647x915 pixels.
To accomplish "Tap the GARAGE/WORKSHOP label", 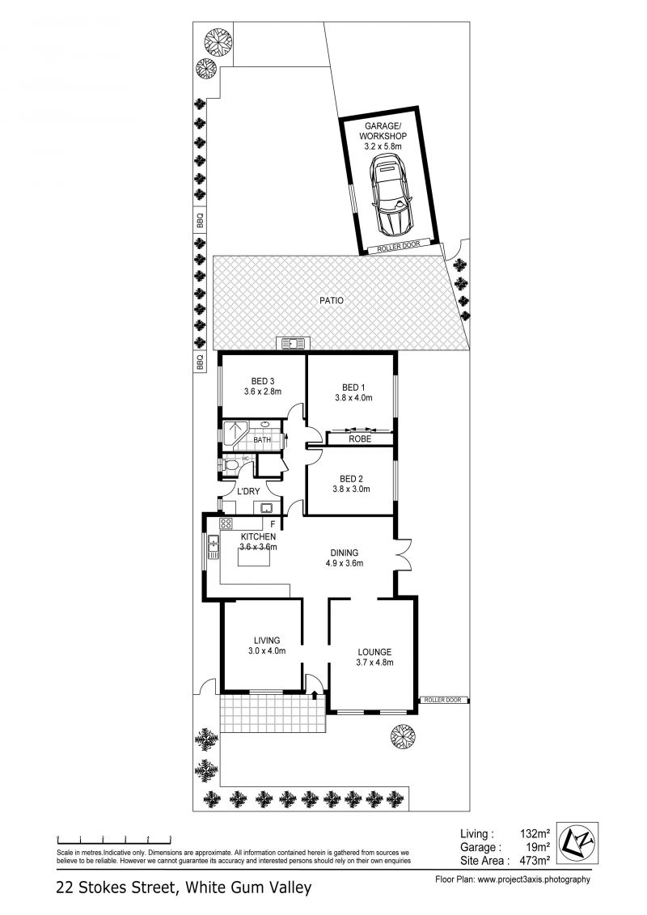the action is tap(383, 131).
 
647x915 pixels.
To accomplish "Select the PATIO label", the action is tap(332, 300).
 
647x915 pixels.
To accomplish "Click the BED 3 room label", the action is tap(263, 382).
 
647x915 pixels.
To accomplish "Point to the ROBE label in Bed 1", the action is tap(360, 438).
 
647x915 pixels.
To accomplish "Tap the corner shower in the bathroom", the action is tap(235, 434).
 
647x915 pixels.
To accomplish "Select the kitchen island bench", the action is tap(254, 558).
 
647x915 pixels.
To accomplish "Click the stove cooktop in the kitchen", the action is tap(226, 523).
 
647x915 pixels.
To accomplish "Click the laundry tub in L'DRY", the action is tap(268, 508).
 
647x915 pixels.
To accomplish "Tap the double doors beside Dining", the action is tap(403, 554).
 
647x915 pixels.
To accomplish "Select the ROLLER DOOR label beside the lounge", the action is tap(443, 700).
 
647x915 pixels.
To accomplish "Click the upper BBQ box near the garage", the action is tap(200, 221).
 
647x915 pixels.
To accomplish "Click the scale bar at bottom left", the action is tap(113, 841).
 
